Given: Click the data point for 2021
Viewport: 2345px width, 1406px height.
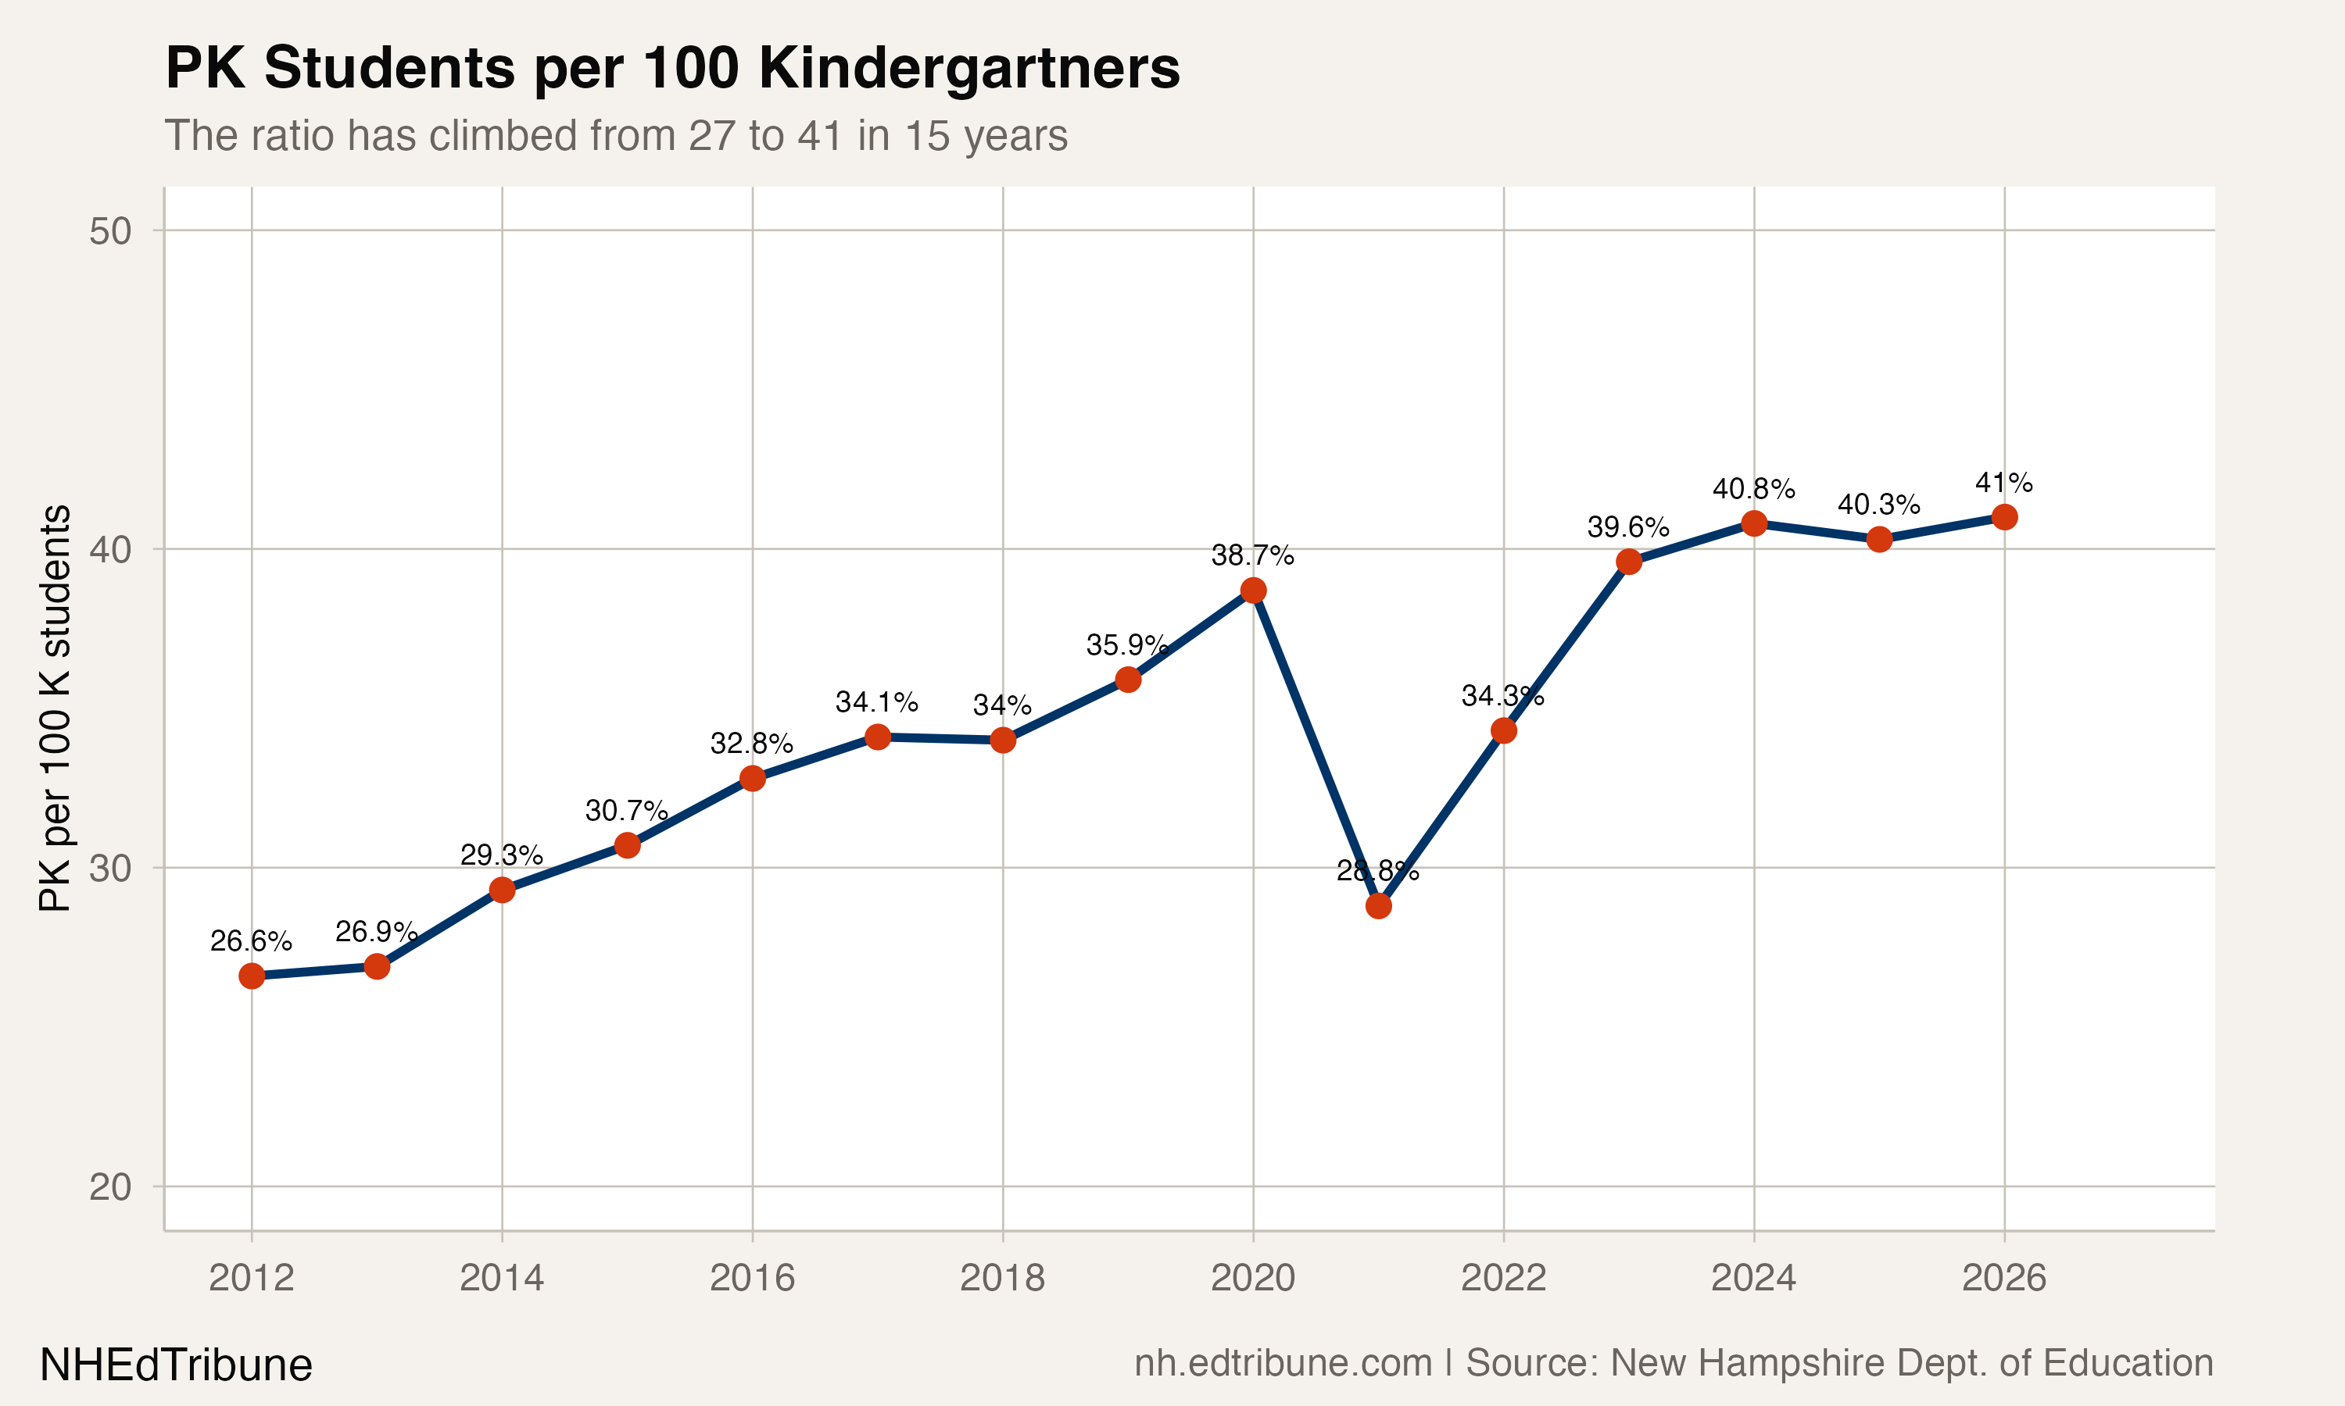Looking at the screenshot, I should tap(1378, 906).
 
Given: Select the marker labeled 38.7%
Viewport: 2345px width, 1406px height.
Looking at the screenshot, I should tap(1253, 591).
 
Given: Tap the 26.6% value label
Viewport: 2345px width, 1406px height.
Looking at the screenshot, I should tap(250, 940).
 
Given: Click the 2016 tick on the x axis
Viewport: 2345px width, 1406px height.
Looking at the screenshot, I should tap(752, 1278).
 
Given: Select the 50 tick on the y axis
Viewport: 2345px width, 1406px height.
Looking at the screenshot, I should tap(110, 231).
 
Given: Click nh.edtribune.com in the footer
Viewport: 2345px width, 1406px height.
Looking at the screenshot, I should tap(1283, 1362).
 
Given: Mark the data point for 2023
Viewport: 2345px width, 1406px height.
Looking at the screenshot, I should tap(1628, 562).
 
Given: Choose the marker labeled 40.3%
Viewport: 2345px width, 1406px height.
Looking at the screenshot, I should tap(1878, 539).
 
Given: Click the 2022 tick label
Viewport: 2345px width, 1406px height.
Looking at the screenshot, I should tap(1503, 1278).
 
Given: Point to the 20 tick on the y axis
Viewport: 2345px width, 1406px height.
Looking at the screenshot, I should tap(110, 1187).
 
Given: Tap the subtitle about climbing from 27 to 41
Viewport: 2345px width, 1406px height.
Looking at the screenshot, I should tap(616, 135).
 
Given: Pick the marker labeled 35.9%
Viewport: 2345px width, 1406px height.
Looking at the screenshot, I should tap(1128, 680).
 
